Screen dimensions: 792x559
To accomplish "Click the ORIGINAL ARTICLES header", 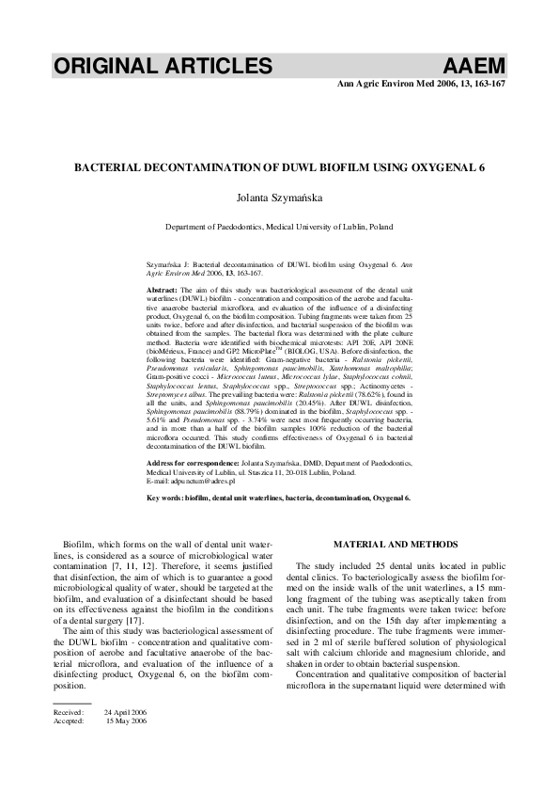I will click(x=163, y=66).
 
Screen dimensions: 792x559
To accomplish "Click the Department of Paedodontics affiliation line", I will click(x=279, y=227).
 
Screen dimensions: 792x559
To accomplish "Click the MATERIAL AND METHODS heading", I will click(x=395, y=544).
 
